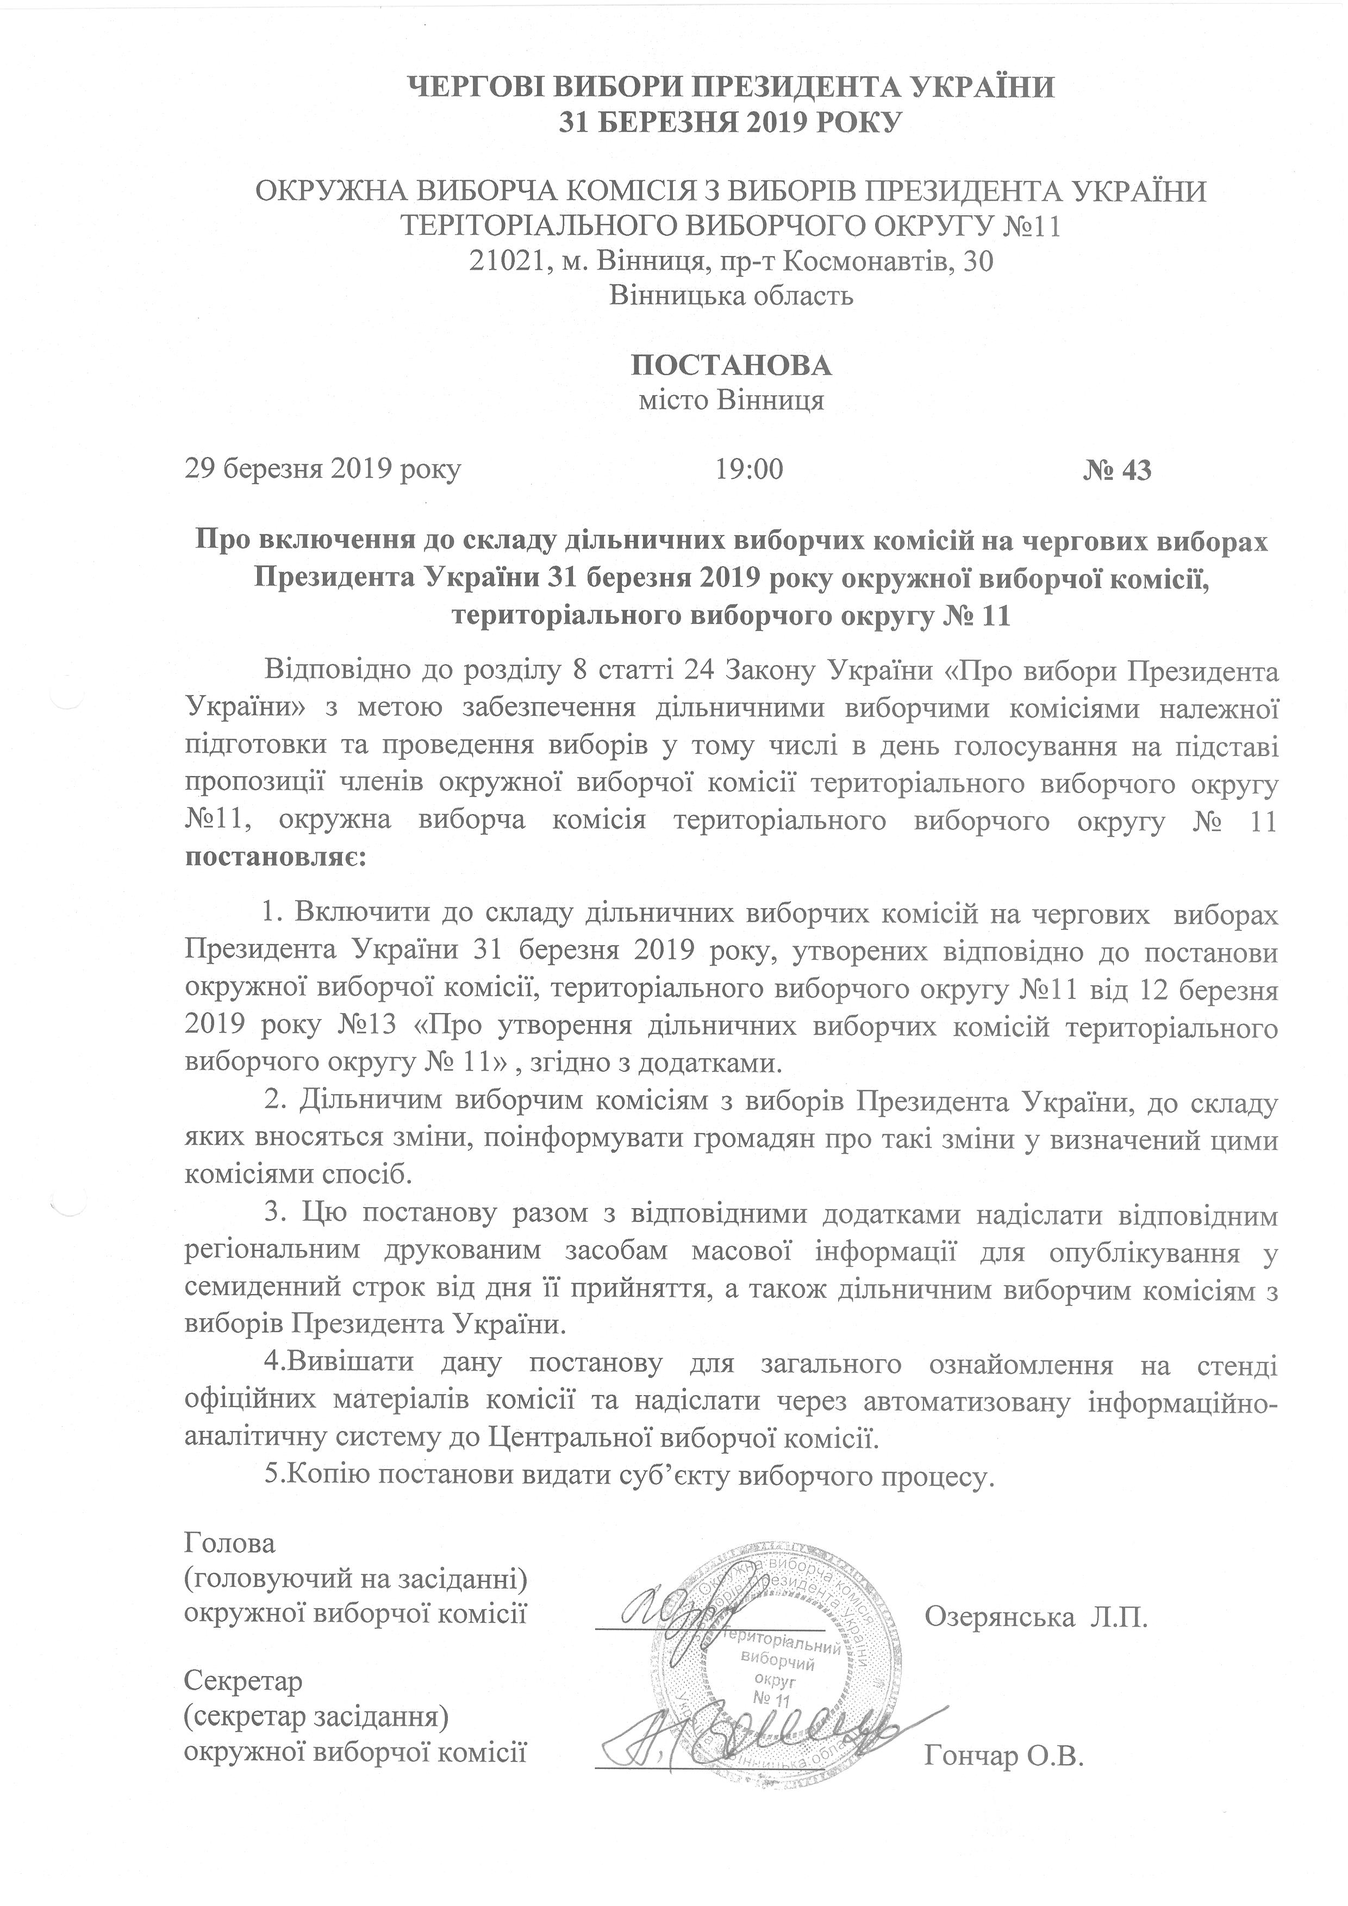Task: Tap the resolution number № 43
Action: (x=1117, y=471)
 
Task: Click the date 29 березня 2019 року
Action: (x=323, y=471)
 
